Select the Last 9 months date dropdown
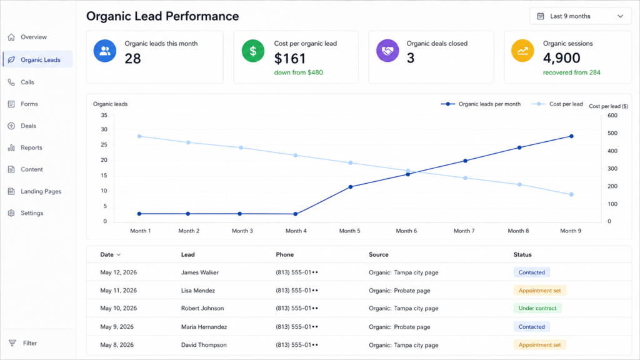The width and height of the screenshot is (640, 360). (x=581, y=16)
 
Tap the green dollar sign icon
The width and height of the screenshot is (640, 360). (x=253, y=51)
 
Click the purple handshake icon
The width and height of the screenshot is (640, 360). (x=387, y=51)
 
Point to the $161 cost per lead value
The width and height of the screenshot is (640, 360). (x=290, y=59)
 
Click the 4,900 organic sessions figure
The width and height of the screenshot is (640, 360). (x=562, y=58)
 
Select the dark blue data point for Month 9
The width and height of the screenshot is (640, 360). (x=571, y=136)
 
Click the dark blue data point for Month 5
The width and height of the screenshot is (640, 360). (x=351, y=187)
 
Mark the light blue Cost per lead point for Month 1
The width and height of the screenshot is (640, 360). (x=139, y=136)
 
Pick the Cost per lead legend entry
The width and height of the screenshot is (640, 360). (x=557, y=104)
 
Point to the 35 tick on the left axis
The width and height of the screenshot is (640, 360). (x=104, y=115)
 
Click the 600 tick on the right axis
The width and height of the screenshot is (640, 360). (x=612, y=116)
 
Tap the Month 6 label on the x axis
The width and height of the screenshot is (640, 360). (x=406, y=231)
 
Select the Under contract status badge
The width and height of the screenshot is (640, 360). (x=537, y=308)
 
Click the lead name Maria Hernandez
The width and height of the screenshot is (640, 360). (x=204, y=326)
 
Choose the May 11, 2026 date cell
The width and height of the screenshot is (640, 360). (x=118, y=291)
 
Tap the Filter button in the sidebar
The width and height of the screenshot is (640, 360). (x=23, y=343)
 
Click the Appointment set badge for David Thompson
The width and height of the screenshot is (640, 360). (x=539, y=345)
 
